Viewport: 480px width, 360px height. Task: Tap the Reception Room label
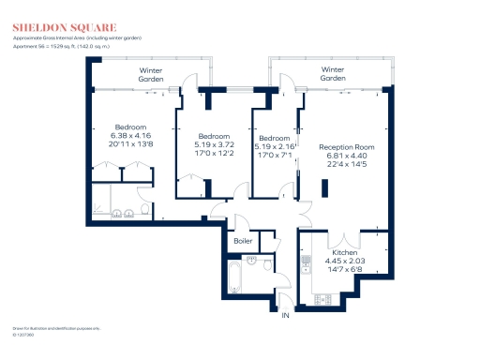[x=347, y=147]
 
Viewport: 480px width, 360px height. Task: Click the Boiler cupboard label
[x=244, y=241]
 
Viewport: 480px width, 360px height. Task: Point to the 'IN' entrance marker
[x=285, y=315]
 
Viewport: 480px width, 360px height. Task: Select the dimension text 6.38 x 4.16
[x=129, y=136]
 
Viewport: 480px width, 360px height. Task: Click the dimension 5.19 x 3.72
[x=212, y=144]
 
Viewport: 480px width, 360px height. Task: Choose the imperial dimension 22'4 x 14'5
[x=347, y=166]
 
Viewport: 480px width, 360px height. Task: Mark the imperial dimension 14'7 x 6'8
[x=343, y=270]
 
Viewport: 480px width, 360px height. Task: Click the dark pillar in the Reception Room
[x=325, y=187]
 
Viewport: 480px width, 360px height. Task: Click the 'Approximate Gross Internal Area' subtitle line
[x=85, y=37]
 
